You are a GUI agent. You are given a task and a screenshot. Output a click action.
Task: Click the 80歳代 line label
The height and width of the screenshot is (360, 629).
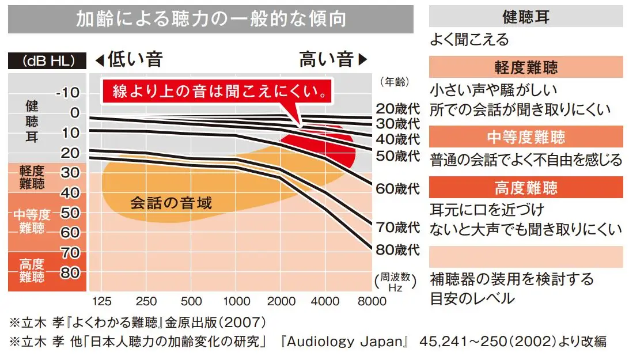398,251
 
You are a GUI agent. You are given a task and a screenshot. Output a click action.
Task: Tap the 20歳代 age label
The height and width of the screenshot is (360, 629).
398,108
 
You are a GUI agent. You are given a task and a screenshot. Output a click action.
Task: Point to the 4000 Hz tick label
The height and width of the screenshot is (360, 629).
329,301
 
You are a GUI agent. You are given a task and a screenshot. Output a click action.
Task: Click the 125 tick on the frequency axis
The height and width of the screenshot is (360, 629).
101,301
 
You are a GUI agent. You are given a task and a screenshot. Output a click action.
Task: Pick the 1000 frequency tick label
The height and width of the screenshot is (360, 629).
236,301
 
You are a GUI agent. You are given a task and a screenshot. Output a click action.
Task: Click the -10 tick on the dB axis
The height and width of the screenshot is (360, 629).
68,94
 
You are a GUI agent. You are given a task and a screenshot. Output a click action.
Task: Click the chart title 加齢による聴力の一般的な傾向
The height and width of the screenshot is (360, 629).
211,19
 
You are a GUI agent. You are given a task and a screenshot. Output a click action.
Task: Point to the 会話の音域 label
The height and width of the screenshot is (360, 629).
171,203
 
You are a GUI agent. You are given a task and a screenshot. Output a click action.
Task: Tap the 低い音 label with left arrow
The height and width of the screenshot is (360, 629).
128,59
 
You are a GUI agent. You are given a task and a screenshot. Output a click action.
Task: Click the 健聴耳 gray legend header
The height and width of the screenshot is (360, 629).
526,17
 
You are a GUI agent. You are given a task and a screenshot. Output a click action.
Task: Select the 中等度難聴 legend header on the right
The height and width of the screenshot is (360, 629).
526,137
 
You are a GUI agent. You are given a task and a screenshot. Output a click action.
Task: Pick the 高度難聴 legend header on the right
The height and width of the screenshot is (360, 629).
526,188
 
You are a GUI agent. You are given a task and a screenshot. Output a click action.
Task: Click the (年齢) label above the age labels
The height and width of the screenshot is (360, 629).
395,82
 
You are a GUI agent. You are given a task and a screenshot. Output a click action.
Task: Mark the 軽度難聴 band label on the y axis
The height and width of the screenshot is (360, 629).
31,177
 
